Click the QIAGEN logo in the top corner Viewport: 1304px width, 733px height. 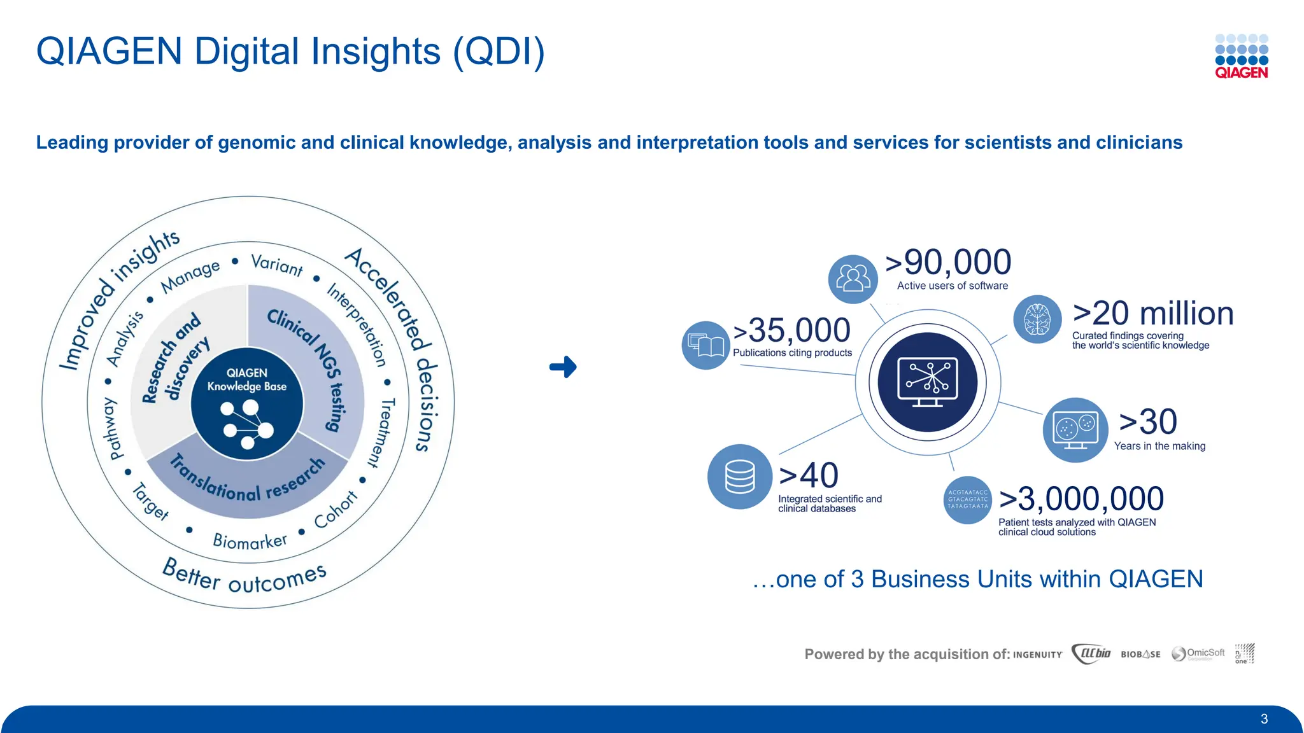click(1241, 56)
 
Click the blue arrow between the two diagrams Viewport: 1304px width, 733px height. click(563, 367)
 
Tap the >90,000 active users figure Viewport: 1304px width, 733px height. click(948, 262)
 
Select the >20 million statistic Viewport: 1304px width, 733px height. click(1152, 314)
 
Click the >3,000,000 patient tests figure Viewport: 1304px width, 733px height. click(1081, 499)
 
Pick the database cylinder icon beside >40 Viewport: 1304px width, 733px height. click(739, 477)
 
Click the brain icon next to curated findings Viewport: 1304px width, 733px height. click(1037, 319)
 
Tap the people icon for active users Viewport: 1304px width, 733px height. click(853, 279)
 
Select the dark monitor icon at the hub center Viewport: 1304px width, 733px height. click(927, 382)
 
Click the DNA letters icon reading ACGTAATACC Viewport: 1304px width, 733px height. click(967, 500)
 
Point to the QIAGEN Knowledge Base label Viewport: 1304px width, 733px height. click(247, 380)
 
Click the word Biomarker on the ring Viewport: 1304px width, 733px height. click(250, 541)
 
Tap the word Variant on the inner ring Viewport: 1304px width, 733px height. click(277, 264)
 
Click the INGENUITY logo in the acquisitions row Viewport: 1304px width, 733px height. click(1037, 655)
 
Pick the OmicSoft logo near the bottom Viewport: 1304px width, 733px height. click(1198, 653)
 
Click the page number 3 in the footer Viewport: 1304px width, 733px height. click(1264, 719)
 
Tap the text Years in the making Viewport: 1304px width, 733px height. click(1159, 446)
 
